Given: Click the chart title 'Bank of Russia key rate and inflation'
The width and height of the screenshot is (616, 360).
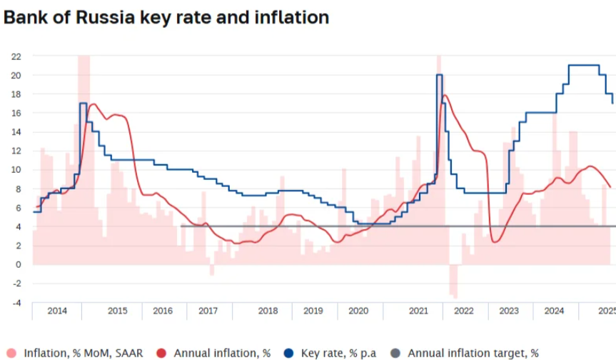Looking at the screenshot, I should (166, 18).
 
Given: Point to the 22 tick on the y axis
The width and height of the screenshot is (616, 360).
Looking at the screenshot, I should (16, 56).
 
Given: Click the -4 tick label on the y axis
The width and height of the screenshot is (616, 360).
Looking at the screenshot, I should (16, 303).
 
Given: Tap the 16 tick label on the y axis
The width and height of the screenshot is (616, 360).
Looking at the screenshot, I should (16, 113).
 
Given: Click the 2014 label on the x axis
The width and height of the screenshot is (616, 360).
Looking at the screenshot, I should (57, 311).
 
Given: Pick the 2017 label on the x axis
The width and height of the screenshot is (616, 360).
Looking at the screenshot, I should (208, 311).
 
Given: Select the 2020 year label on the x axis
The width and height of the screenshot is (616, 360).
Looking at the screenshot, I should (358, 311).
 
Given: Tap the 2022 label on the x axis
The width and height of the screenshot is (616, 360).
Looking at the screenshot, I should (464, 311).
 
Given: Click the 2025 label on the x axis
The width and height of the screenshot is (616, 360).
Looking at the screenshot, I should (607, 311).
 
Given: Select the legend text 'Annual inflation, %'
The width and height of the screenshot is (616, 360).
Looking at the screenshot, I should (222, 353).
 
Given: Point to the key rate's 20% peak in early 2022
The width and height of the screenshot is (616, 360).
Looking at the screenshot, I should (439, 75).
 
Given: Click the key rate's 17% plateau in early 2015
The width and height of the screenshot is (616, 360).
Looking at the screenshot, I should (83, 104).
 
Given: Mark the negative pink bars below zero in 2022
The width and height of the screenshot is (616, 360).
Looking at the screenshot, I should (453, 281).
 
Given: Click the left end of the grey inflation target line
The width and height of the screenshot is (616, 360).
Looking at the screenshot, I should (181, 226).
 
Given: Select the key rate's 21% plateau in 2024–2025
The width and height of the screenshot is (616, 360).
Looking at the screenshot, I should (583, 66).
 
